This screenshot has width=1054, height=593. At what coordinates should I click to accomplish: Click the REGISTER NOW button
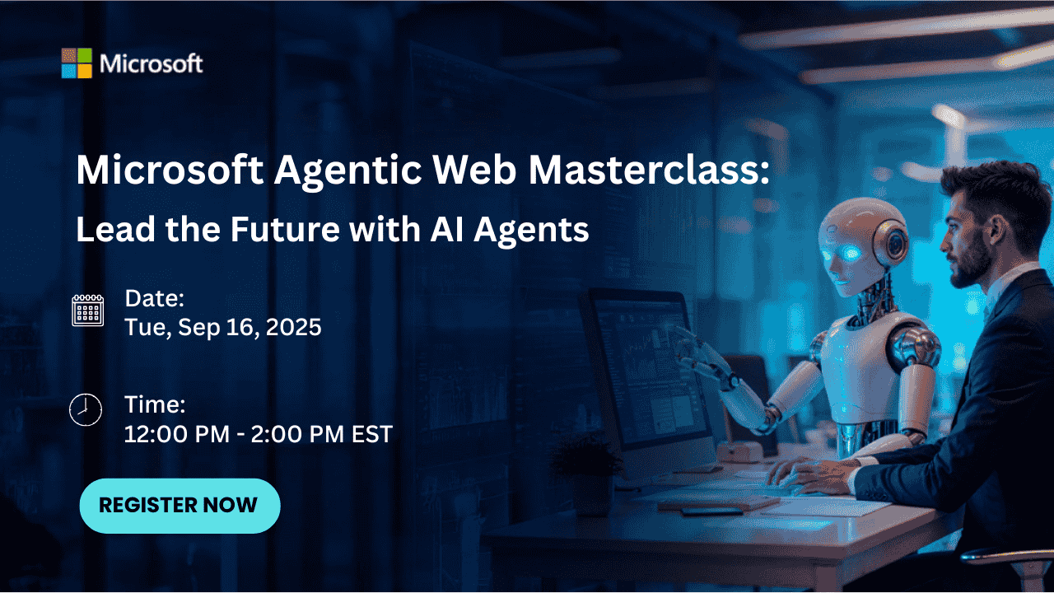click(179, 505)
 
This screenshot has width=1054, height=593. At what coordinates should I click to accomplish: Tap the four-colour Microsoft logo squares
click(77, 63)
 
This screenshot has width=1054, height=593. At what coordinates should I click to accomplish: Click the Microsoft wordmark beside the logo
click(152, 63)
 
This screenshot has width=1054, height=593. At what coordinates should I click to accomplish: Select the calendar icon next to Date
click(87, 311)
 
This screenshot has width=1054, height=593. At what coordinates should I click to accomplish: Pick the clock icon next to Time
click(86, 409)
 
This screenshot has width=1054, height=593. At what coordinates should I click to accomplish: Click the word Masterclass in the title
click(649, 170)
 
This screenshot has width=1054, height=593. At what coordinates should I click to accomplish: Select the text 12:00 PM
click(175, 433)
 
